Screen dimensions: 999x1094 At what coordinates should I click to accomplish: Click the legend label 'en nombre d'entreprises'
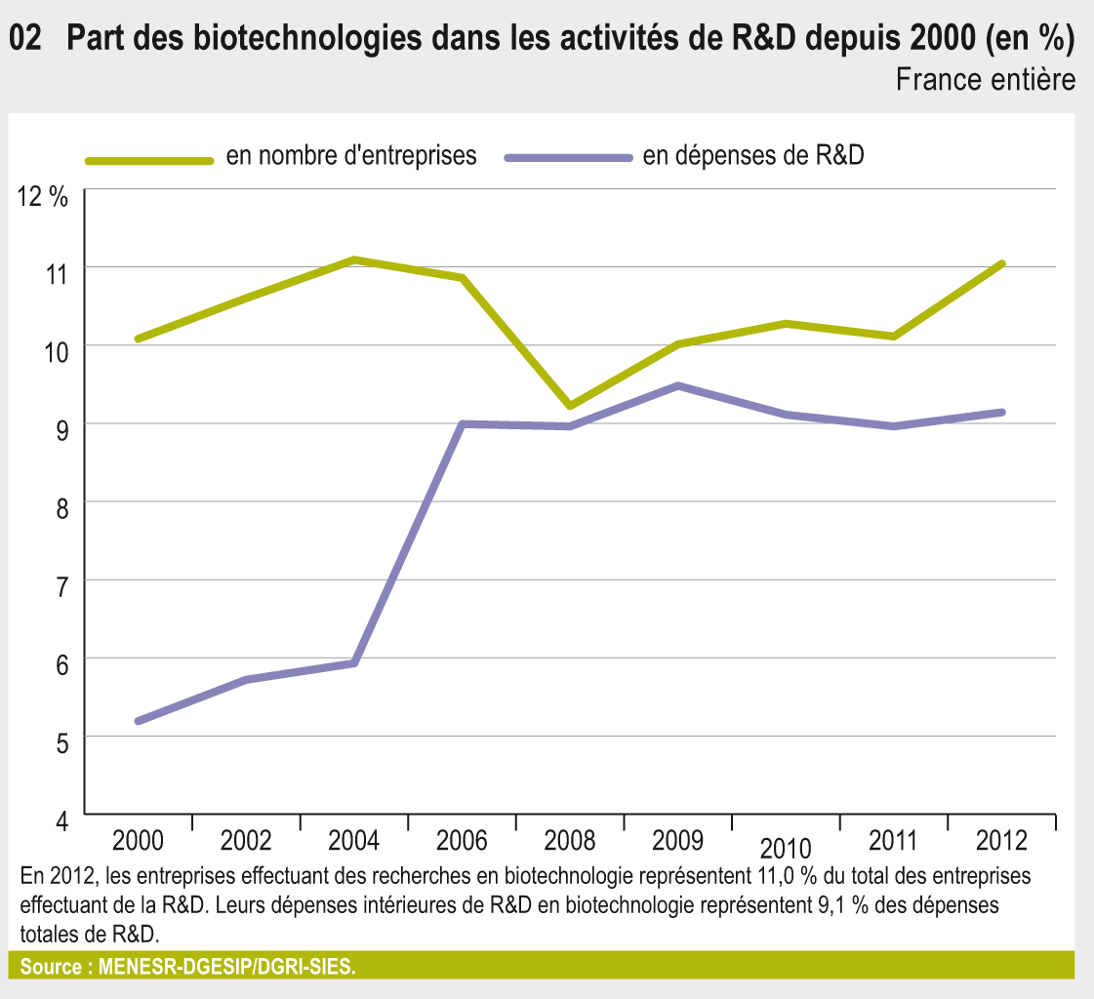click(350, 156)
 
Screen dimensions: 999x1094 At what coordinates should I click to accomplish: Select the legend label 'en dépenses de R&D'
click(753, 156)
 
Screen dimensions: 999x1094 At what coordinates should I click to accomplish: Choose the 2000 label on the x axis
click(138, 840)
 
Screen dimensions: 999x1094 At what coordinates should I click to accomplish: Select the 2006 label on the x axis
click(462, 840)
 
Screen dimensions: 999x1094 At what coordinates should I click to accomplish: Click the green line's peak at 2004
click(353, 260)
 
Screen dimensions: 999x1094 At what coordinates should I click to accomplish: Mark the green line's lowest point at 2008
click(570, 405)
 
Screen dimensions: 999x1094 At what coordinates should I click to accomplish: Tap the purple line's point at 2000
click(138, 721)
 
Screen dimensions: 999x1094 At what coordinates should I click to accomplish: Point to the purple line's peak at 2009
click(677, 385)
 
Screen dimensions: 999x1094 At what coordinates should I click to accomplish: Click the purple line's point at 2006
click(462, 424)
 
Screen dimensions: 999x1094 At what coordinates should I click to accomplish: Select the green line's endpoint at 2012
click(1002, 263)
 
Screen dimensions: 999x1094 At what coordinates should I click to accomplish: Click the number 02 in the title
click(25, 38)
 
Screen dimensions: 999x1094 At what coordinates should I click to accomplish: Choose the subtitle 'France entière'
click(986, 79)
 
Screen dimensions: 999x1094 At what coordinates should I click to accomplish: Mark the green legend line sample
click(148, 159)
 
